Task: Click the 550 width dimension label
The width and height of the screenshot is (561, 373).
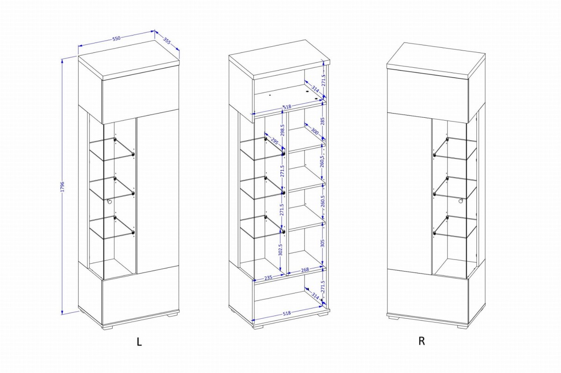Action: click(116, 38)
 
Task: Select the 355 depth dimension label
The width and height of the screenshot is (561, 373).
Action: click(167, 41)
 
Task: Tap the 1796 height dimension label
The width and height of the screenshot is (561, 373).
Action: click(62, 186)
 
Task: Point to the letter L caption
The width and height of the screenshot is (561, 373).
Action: click(139, 342)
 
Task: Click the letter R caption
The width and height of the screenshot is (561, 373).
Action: click(422, 341)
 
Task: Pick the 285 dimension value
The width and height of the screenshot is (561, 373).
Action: click(322, 121)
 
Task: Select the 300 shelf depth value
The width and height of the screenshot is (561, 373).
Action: click(315, 131)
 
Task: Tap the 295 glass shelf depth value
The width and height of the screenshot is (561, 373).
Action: click(274, 142)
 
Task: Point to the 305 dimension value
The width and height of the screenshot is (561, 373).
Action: click(322, 243)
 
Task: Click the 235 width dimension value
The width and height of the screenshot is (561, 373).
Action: click(268, 278)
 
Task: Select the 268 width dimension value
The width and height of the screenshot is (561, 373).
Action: click(305, 270)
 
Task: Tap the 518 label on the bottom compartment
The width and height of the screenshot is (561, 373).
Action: click(287, 313)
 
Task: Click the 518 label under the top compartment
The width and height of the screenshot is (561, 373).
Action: click(287, 107)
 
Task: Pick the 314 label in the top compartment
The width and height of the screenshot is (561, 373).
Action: click(315, 89)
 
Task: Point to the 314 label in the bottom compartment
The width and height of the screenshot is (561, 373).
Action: click(315, 296)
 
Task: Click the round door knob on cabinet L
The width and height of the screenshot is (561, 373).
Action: click(109, 201)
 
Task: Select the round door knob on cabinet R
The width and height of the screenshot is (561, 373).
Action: click(461, 201)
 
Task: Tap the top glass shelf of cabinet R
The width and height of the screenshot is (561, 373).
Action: click(455, 149)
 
